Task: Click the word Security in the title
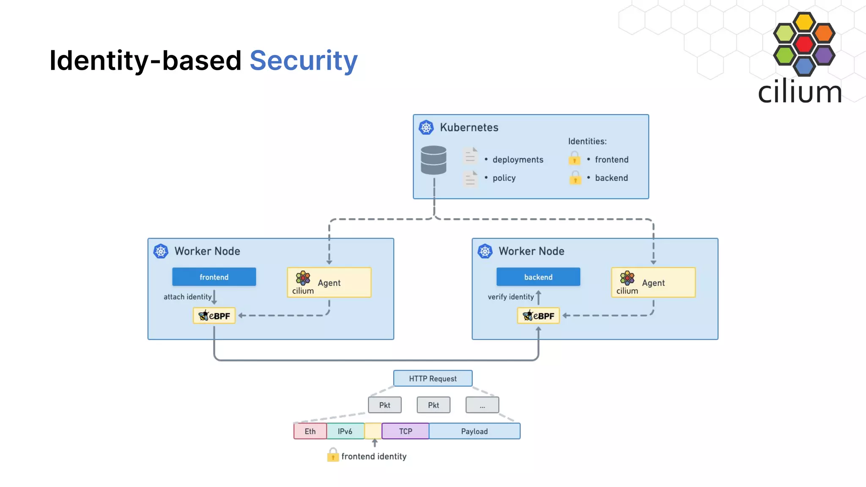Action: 303,60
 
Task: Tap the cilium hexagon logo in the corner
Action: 804,44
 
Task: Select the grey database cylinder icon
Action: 433,160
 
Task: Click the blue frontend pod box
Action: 214,277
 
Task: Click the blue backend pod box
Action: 538,277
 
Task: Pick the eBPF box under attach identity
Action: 214,316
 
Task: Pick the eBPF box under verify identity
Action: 538,316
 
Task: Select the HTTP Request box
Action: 433,378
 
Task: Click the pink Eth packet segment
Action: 310,431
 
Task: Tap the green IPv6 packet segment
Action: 345,431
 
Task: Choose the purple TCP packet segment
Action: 405,431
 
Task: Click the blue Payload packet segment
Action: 474,431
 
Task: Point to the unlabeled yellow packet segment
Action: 373,431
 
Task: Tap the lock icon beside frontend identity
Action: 333,455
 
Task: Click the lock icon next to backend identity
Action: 575,178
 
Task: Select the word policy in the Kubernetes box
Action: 504,178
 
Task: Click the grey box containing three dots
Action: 482,405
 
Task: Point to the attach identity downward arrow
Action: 214,297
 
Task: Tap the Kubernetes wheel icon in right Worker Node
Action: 485,251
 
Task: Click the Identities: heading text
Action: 587,141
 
